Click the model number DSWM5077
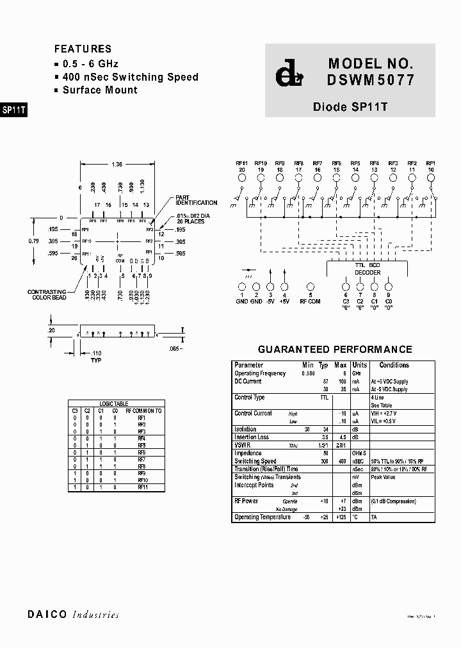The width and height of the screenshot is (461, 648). coord(371,81)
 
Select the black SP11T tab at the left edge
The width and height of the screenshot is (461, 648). coord(13,109)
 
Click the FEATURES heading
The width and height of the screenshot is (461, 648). coord(83,49)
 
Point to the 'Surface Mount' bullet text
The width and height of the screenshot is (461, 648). coord(99,90)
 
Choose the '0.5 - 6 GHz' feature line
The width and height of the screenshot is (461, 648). coord(90,64)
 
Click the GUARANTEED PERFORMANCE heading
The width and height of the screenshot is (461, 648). coord(335,350)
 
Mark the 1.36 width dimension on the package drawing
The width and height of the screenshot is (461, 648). coord(117,165)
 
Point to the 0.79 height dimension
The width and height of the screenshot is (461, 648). coord(34,241)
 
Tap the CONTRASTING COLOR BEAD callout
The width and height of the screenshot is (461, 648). coord(47,295)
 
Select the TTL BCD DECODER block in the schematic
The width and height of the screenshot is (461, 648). coord(368,268)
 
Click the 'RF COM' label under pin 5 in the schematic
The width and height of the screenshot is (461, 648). coord(311,301)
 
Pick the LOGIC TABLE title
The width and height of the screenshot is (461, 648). coord(114,404)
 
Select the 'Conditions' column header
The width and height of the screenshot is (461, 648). coord(394,365)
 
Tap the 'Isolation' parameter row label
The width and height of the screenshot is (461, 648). coord(246,429)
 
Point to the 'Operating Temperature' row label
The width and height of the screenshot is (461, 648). coord(263,517)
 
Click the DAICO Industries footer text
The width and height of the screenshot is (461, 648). coord(73,615)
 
